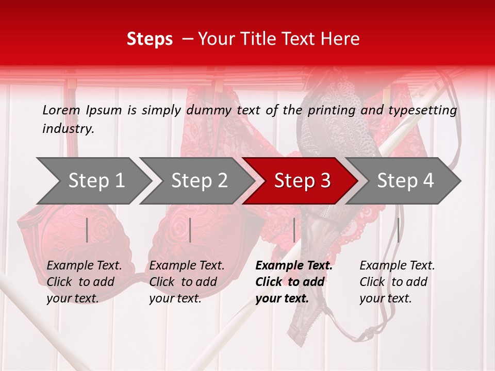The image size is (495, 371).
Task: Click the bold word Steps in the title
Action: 150,39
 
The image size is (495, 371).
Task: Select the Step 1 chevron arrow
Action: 95,181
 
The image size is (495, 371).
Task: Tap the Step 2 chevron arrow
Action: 199,181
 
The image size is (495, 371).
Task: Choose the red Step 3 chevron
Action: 302,181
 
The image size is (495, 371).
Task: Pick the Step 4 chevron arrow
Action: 405,181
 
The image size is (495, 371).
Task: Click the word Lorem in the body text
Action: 61,110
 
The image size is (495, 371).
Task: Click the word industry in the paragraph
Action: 68,129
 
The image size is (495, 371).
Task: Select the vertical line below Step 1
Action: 87,230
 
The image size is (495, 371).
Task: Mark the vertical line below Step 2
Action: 190,230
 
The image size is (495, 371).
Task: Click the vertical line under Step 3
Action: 294,230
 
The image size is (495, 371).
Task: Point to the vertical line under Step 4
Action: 398,230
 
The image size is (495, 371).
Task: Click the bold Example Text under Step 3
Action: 294,266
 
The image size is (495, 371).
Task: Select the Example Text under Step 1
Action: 84,266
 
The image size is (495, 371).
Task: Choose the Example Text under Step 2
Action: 187,266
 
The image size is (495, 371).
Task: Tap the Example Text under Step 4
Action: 397,266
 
